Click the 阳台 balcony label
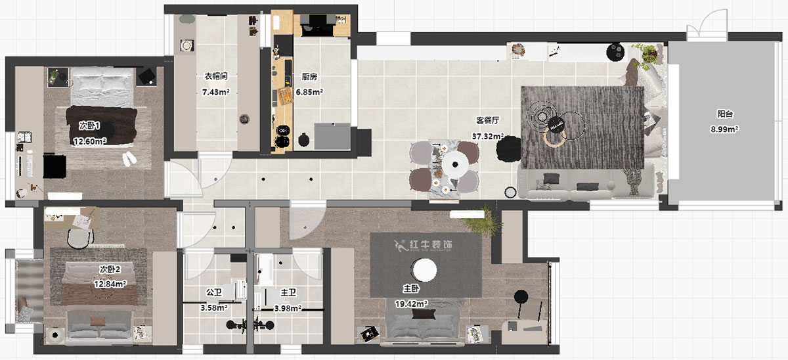724,114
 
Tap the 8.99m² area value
724,129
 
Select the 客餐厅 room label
488,121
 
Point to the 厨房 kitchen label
309,77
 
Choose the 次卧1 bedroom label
89,125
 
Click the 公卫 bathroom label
214,292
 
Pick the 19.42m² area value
411,304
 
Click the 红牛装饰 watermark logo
424,245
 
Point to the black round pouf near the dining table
508,150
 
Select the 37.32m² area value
488,137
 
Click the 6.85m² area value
309,93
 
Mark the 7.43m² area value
215,93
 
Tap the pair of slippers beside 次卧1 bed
129,158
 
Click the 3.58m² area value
214,307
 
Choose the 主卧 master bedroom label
412,288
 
